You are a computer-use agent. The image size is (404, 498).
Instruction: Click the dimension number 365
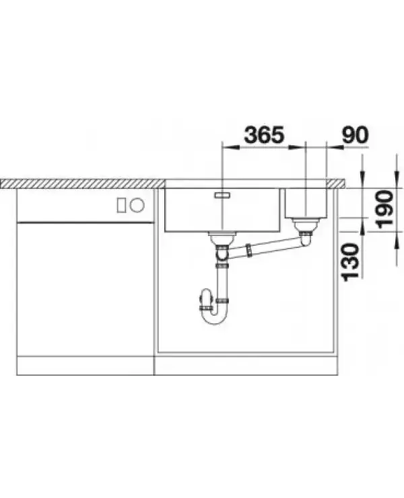coord(264,134)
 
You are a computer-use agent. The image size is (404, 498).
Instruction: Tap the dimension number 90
coord(355,134)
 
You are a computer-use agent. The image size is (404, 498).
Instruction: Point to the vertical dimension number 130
coord(350,262)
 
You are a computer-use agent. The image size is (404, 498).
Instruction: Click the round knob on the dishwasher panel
coord(137,205)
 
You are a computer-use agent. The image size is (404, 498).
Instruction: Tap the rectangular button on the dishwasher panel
coord(121,205)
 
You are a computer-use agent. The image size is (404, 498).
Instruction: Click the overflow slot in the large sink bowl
coord(222,195)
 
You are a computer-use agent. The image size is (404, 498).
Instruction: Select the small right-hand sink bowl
coord(306,203)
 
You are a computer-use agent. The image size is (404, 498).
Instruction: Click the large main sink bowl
coord(222,210)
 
